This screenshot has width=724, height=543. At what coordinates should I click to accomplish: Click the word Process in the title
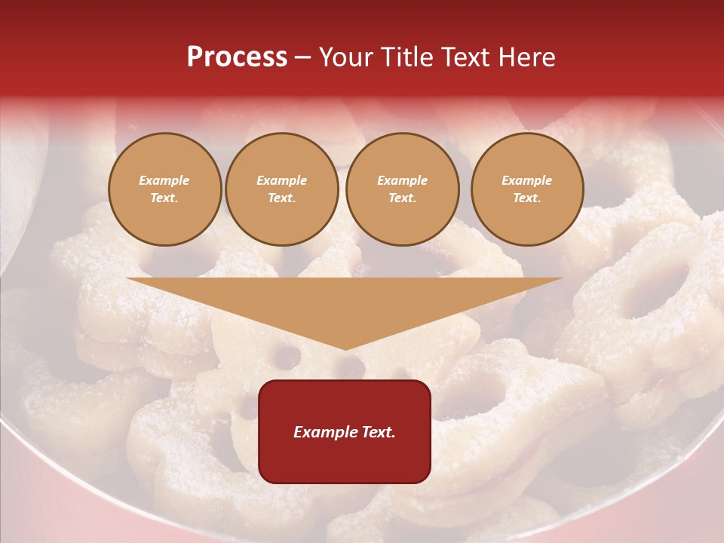[237, 57]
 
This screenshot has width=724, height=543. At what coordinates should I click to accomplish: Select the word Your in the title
[344, 57]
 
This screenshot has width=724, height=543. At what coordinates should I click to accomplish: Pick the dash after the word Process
[303, 58]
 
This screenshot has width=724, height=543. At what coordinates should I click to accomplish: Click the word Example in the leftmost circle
[164, 180]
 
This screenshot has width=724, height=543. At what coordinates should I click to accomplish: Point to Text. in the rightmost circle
[527, 198]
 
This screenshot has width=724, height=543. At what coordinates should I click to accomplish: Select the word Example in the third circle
[403, 180]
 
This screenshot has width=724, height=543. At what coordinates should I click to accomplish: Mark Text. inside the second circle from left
[282, 198]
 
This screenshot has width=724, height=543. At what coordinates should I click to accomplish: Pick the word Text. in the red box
[378, 432]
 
